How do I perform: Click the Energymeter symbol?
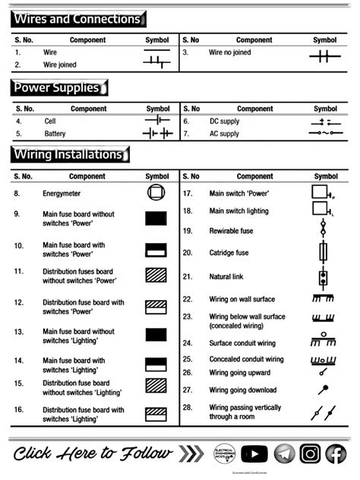(156, 193)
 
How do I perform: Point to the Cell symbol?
(157, 121)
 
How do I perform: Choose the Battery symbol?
(157, 134)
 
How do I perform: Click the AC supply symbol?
(324, 134)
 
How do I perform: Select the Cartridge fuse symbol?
(323, 252)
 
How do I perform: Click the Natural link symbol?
(323, 276)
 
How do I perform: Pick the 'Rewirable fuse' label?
(232, 230)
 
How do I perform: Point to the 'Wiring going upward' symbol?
(323, 372)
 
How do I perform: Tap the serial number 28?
(188, 408)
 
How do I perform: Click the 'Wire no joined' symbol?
(324, 55)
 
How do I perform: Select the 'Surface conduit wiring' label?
(242, 343)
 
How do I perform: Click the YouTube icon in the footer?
(254, 453)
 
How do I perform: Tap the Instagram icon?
(309, 453)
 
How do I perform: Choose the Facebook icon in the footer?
(336, 453)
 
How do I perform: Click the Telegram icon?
(283, 453)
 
